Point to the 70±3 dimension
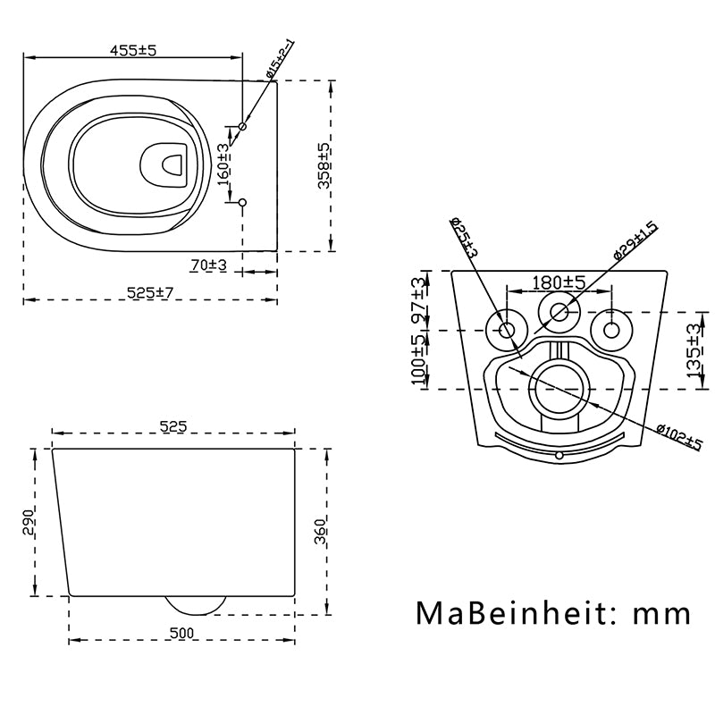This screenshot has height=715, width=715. [208, 265]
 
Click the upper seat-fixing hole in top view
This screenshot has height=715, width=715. [242, 127]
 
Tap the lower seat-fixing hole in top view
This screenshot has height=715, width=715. [242, 202]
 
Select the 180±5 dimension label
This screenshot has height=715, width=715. [559, 282]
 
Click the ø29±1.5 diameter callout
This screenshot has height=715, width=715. [635, 240]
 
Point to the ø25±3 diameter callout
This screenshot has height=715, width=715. [464, 239]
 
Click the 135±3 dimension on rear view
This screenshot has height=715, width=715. [693, 352]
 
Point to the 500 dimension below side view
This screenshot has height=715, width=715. [181, 633]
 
